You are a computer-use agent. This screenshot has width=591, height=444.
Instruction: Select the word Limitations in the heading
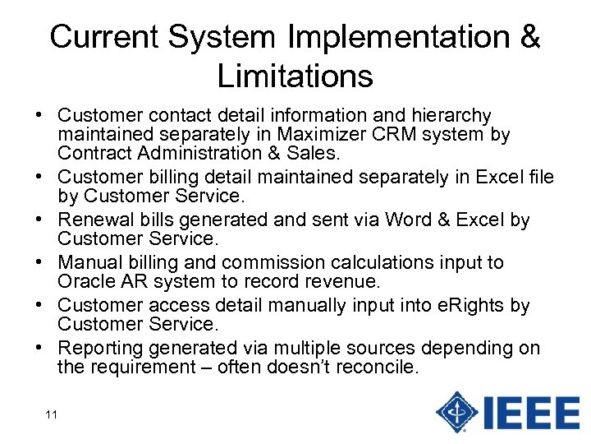[x=295, y=76]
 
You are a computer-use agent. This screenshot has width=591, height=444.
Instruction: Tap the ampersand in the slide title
[x=529, y=37]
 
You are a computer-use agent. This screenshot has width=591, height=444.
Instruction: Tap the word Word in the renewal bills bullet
[x=405, y=220]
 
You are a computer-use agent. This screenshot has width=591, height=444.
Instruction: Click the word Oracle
[x=84, y=282]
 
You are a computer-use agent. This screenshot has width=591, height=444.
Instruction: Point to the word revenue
[x=345, y=282]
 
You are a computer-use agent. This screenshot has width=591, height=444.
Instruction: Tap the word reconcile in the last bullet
[x=377, y=368]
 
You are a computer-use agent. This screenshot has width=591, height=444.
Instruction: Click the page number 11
[x=51, y=414]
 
